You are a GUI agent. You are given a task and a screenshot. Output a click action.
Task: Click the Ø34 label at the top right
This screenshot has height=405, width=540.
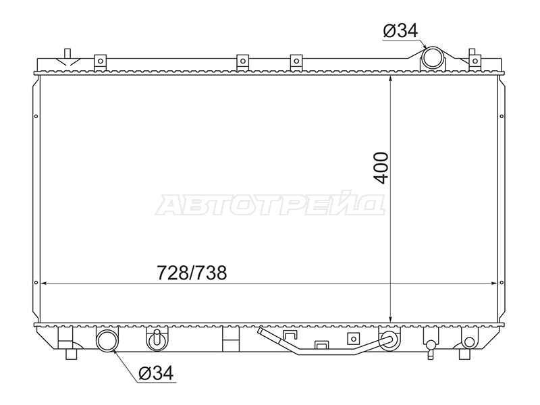(400, 30)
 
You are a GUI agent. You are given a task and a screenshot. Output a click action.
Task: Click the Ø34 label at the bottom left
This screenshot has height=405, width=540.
(156, 373)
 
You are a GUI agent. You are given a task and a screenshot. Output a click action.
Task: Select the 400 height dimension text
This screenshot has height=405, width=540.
(381, 168)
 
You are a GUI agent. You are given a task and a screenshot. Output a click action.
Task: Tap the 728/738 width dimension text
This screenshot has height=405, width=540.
(192, 273)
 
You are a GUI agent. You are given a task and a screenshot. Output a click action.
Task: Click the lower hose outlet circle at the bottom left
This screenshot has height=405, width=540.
(107, 340)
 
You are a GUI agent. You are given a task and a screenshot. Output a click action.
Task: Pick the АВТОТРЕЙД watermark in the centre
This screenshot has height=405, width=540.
(270, 205)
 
